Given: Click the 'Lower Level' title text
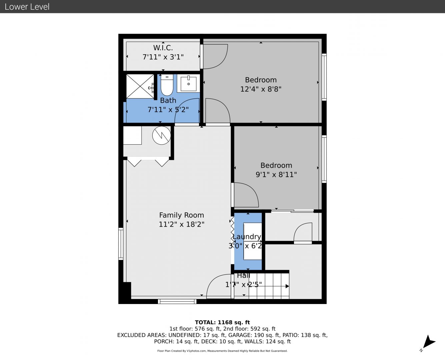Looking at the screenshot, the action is tap(27, 7).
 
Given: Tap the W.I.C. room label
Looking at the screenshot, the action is tap(163, 48).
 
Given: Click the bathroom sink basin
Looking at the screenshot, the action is tap(188, 84).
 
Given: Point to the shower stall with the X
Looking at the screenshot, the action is tap(140, 86).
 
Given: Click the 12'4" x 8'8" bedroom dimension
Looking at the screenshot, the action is tap(261, 89).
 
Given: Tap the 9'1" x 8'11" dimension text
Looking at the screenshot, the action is tap(276, 174).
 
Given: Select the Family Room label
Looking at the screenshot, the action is tap(182, 215).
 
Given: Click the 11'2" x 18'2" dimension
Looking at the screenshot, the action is tap(182, 224).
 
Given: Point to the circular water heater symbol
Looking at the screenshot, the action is tap(161, 135).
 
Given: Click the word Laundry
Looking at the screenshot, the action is tap(247, 237).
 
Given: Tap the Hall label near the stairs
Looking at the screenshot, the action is tap(243, 276).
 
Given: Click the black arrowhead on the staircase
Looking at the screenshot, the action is tap(287, 286).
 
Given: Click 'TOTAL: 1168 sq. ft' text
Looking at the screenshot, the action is tap(222, 322).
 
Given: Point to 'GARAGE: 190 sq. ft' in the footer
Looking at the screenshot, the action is tap(254, 335).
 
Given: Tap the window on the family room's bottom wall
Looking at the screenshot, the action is tap(177, 301).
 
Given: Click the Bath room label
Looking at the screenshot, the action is tap(168, 100).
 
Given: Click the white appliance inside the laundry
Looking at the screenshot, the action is tap(253, 241).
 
